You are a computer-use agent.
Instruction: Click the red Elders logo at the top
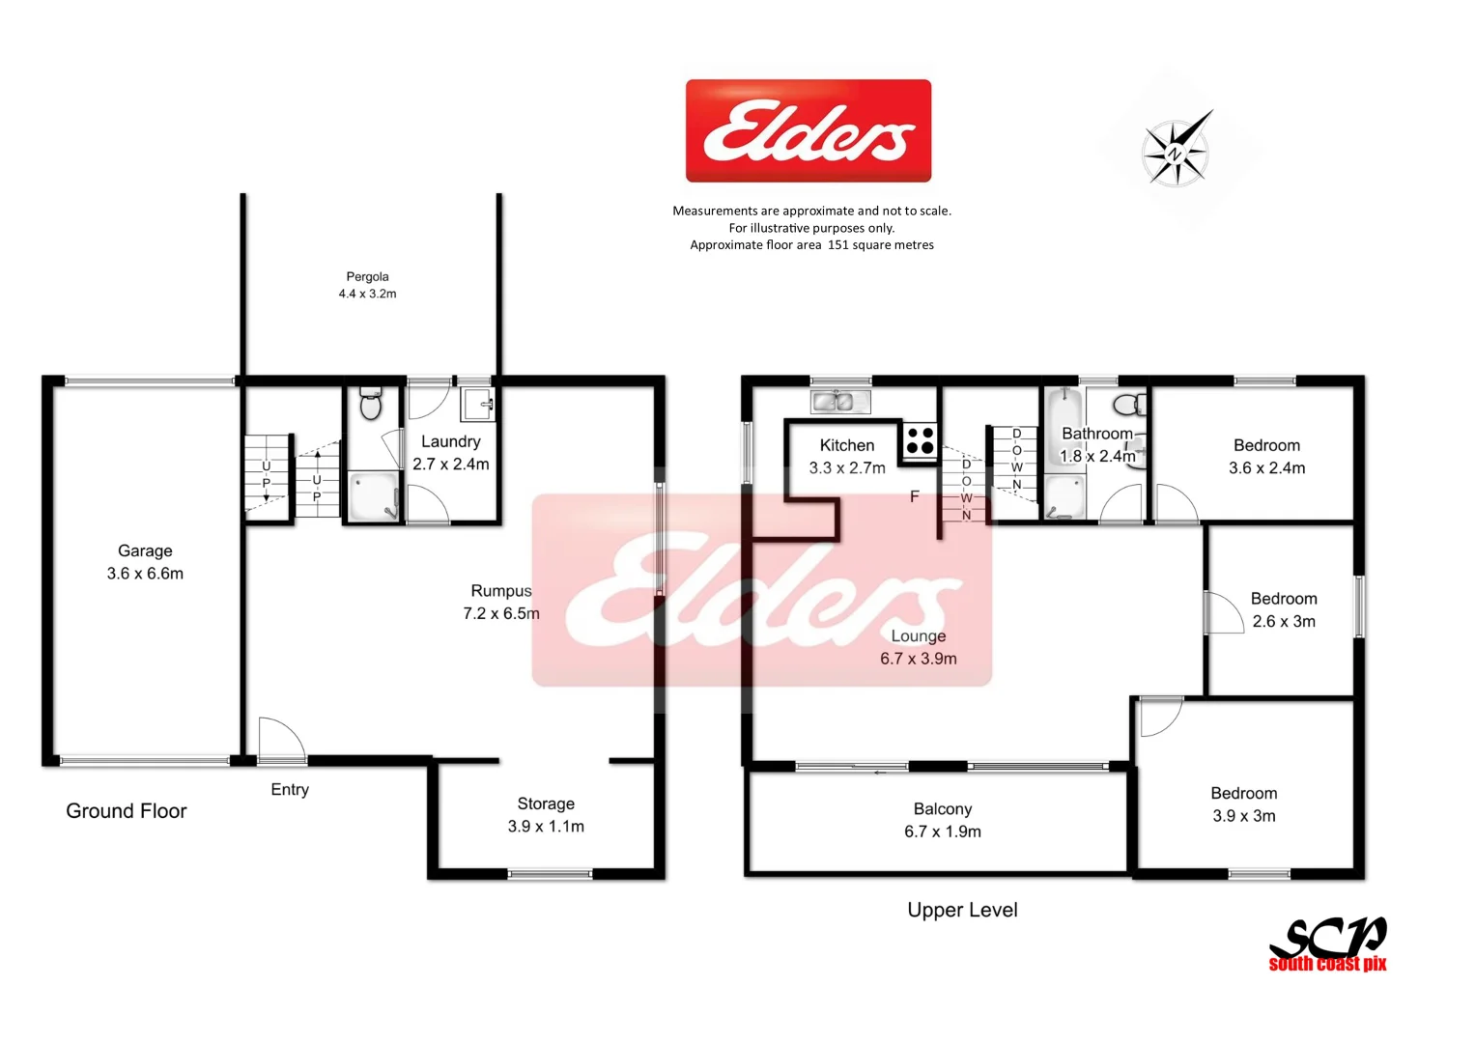point(808,130)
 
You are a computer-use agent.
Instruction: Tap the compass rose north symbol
point(1176,152)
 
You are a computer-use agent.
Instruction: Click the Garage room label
point(145,562)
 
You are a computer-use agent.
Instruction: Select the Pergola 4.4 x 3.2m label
point(367,285)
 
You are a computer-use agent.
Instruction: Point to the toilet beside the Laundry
point(370,404)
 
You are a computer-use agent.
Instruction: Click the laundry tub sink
point(478,404)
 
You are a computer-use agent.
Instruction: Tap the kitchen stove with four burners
point(920,440)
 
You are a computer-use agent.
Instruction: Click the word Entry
point(290,790)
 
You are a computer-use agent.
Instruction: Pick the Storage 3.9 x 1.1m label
point(546,815)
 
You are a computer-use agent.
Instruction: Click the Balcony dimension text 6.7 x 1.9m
point(943,832)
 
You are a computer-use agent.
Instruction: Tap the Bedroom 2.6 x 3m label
point(1284,610)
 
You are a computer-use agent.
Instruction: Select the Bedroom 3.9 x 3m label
point(1244,804)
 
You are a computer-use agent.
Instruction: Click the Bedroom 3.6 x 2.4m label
point(1266,457)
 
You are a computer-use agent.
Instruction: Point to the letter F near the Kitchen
point(914,497)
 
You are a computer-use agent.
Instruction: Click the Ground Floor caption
point(127,811)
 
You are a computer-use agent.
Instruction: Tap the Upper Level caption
point(962,910)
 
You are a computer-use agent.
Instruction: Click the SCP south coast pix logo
point(1328,944)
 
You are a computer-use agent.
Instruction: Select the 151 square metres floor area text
point(880,245)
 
